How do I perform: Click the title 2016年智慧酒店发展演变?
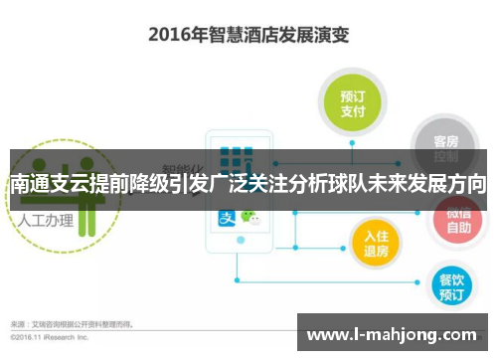(x=249, y=34)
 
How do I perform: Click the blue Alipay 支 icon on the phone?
(x=228, y=218)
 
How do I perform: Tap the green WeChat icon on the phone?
(x=256, y=218)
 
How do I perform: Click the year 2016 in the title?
(x=170, y=34)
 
